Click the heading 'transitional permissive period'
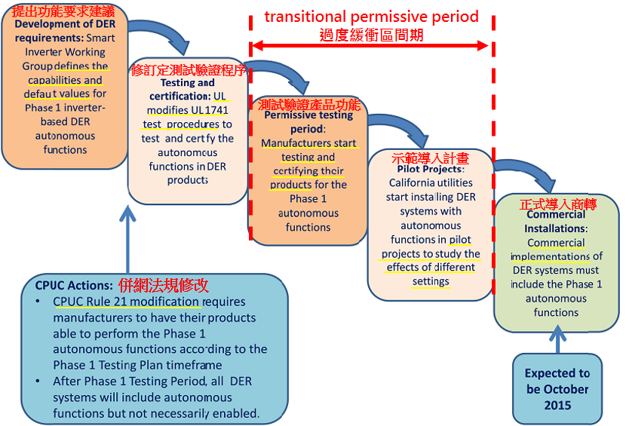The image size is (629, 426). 371,16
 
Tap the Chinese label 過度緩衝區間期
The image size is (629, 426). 371,35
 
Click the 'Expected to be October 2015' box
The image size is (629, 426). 557,388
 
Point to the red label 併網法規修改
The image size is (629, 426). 163,285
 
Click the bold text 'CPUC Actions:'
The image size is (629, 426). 74,285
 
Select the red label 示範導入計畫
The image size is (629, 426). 431,158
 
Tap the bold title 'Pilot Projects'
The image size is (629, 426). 430,169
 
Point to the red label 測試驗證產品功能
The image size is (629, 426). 309,104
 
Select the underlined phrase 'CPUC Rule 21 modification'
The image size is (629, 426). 126,302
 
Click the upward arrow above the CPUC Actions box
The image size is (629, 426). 127,234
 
